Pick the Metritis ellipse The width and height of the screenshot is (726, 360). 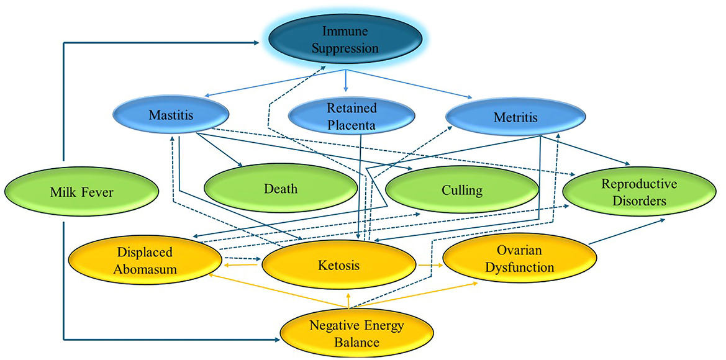click(515, 117)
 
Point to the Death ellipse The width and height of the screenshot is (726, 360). click(280, 188)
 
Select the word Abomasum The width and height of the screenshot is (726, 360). click(143, 269)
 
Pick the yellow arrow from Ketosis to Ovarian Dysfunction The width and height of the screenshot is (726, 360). click(429, 265)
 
